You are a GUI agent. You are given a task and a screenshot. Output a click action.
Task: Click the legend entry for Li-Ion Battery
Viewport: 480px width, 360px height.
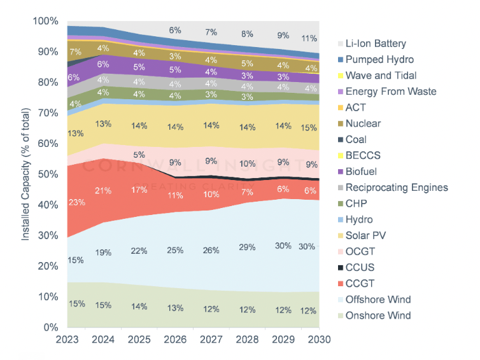click(x=376, y=44)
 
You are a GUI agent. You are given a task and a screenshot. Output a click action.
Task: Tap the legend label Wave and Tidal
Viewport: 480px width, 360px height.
click(x=381, y=76)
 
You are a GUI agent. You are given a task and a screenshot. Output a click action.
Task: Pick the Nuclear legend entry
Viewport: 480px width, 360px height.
click(x=364, y=123)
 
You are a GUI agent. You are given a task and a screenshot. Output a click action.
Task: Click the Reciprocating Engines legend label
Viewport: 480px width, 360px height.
click(x=397, y=188)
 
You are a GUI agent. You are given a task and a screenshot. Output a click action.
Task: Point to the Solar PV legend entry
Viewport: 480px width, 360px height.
click(x=366, y=235)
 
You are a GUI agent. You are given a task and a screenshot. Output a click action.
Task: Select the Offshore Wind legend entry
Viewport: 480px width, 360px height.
click(x=378, y=300)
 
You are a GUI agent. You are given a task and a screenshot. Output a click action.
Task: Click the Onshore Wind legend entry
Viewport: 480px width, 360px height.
click(x=378, y=315)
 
